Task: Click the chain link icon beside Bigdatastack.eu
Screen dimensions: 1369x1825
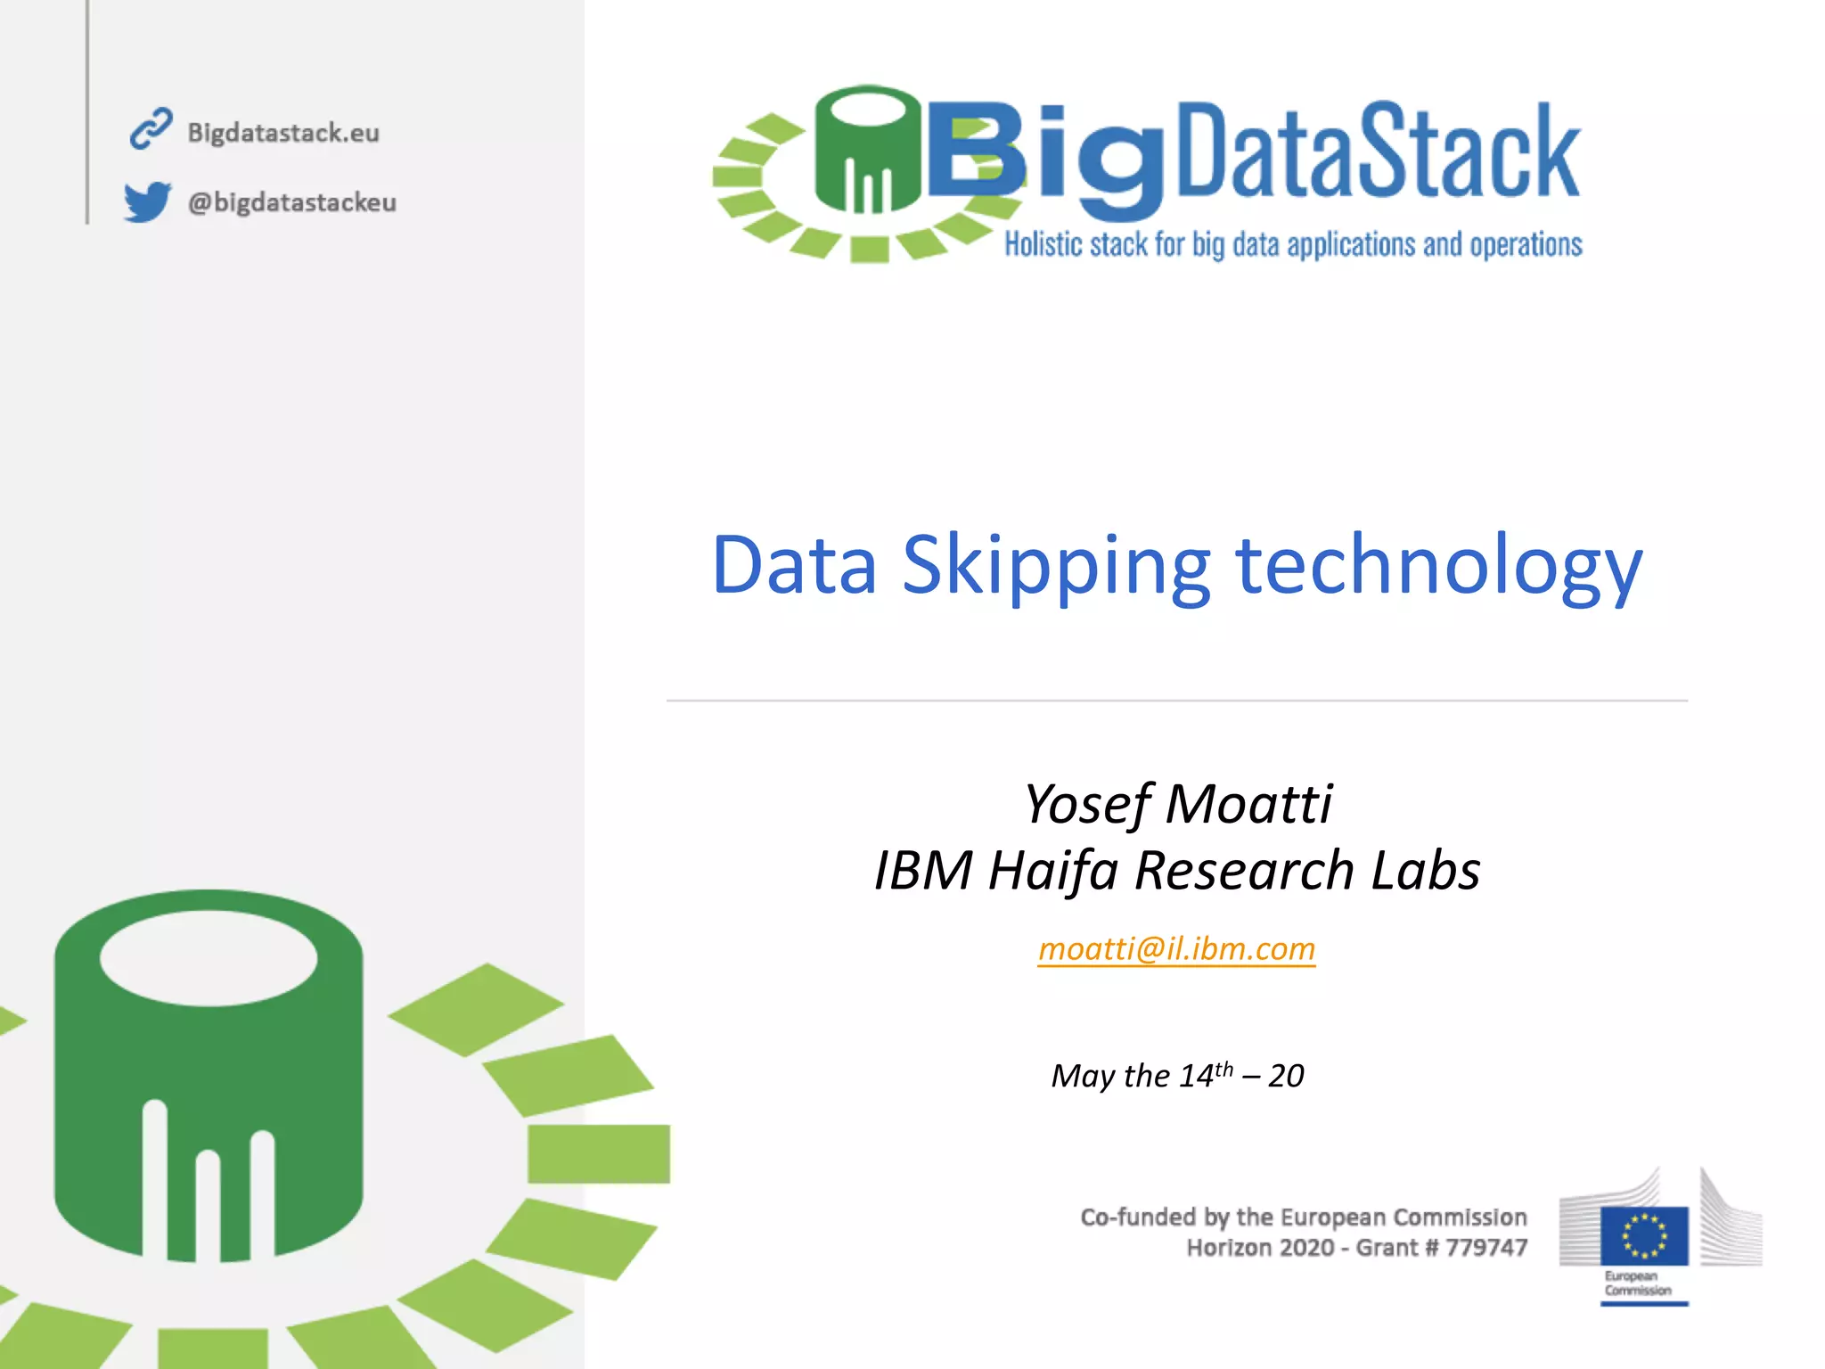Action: tap(151, 129)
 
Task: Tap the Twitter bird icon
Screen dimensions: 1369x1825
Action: tap(147, 201)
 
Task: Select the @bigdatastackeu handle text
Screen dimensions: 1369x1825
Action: tap(291, 202)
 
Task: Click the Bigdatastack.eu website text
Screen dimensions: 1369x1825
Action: tap(283, 133)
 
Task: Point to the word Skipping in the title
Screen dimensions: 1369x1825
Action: tap(1056, 566)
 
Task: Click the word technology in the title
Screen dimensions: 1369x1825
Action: tap(1438, 566)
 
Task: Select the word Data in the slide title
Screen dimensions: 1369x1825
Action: tap(794, 566)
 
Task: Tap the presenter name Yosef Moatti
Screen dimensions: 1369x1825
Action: tap(1177, 804)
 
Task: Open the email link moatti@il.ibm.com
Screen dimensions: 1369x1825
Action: tap(1176, 949)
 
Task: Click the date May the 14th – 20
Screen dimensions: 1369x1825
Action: tap(1177, 1076)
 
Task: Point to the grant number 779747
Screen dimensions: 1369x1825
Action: tap(1486, 1248)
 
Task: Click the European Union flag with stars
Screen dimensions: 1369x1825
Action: tap(1644, 1236)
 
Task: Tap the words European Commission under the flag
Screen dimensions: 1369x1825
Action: tap(1638, 1283)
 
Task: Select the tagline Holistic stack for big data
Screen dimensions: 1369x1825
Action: tap(1293, 244)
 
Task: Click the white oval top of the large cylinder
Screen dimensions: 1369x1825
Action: tap(209, 958)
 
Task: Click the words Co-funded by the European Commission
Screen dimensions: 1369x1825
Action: tap(1303, 1217)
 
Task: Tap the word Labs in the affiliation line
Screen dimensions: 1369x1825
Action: tap(1425, 871)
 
